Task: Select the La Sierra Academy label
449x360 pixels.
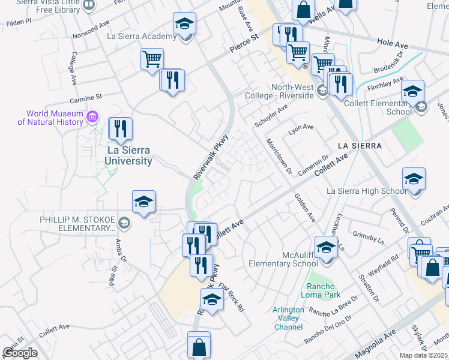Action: pyautogui.click(x=142, y=36)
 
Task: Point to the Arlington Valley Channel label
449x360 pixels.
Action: pyautogui.click(x=288, y=318)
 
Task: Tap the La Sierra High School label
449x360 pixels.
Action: pyautogui.click(x=366, y=191)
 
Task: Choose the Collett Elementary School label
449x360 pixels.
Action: pyautogui.click(x=379, y=107)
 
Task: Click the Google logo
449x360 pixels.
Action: pyautogui.click(x=20, y=353)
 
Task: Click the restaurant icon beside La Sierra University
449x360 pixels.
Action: pyautogui.click(x=121, y=129)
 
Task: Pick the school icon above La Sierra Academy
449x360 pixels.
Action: pyautogui.click(x=184, y=24)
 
